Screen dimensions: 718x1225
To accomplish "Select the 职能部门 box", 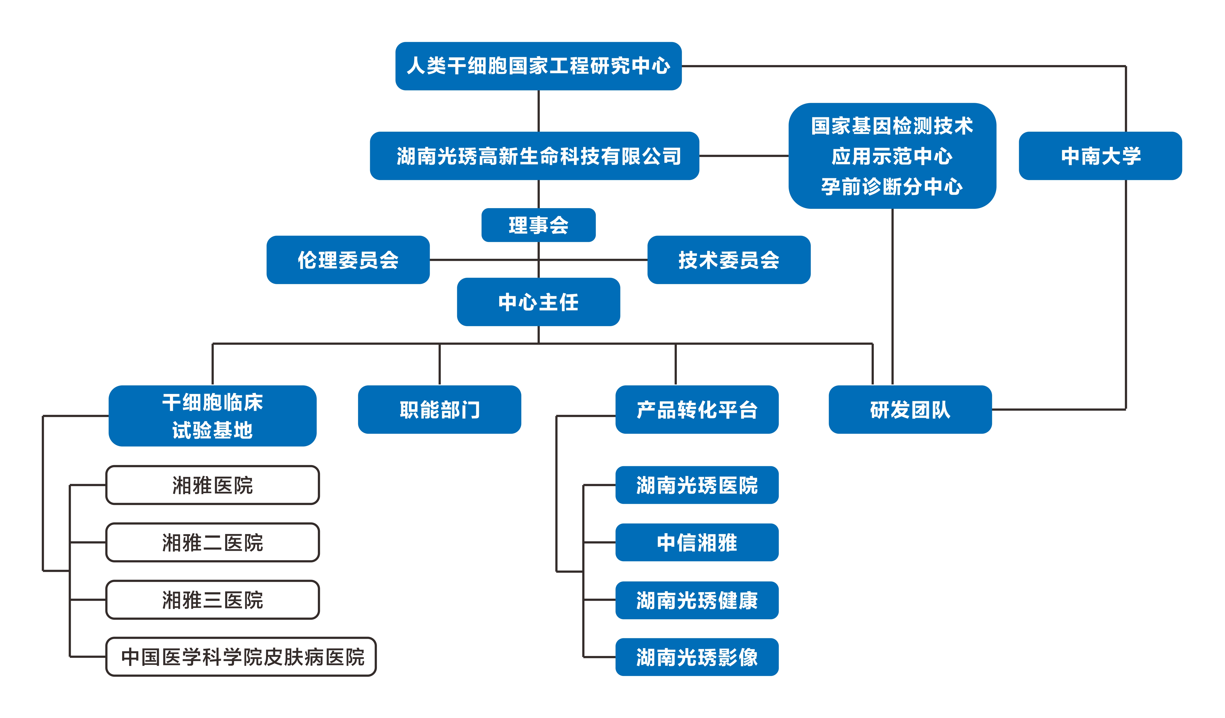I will pos(440,410).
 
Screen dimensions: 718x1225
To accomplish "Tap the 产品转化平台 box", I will pos(697,410).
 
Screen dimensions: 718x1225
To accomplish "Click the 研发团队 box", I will pos(910,410).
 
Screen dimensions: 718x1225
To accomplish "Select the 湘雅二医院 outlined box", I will pos(212,542).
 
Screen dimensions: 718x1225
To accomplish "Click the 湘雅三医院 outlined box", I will pos(212,600).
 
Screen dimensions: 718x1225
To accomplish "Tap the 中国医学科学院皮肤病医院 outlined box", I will pos(241,657).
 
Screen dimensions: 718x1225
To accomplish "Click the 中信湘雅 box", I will pos(697,542).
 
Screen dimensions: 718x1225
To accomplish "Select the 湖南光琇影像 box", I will pos(697,657).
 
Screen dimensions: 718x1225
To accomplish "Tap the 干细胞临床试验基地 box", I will pos(212,416).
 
